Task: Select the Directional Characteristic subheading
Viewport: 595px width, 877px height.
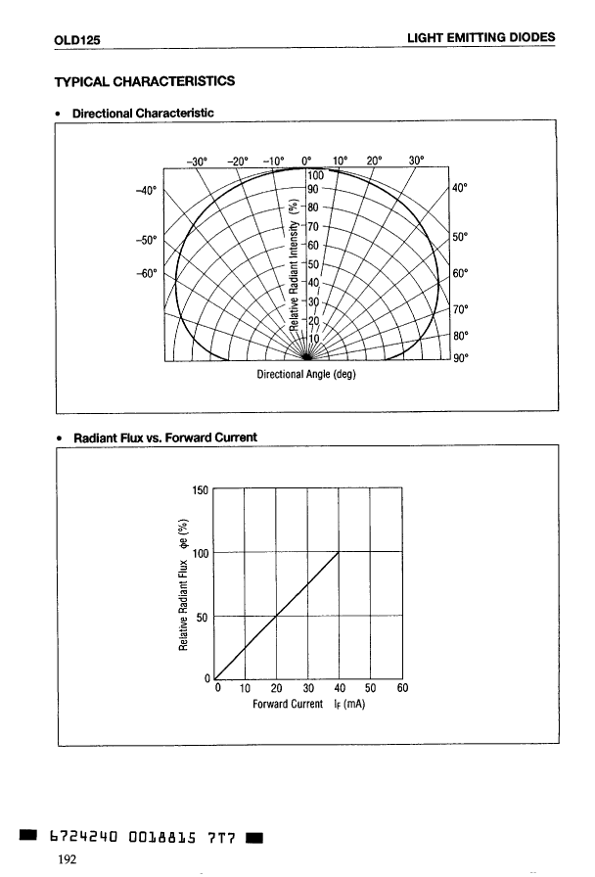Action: (142, 115)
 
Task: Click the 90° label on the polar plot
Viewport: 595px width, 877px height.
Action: (460, 357)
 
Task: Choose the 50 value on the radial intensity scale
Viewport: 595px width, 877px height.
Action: (313, 264)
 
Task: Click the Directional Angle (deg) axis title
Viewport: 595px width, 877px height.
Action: (307, 374)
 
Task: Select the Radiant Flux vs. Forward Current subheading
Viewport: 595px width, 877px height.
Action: (165, 437)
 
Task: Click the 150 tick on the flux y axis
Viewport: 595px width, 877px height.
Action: (200, 489)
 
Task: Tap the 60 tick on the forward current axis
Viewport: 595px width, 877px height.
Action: (401, 687)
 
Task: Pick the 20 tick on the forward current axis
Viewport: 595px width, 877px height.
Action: (277, 687)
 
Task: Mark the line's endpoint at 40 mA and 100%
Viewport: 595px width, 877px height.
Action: (339, 552)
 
